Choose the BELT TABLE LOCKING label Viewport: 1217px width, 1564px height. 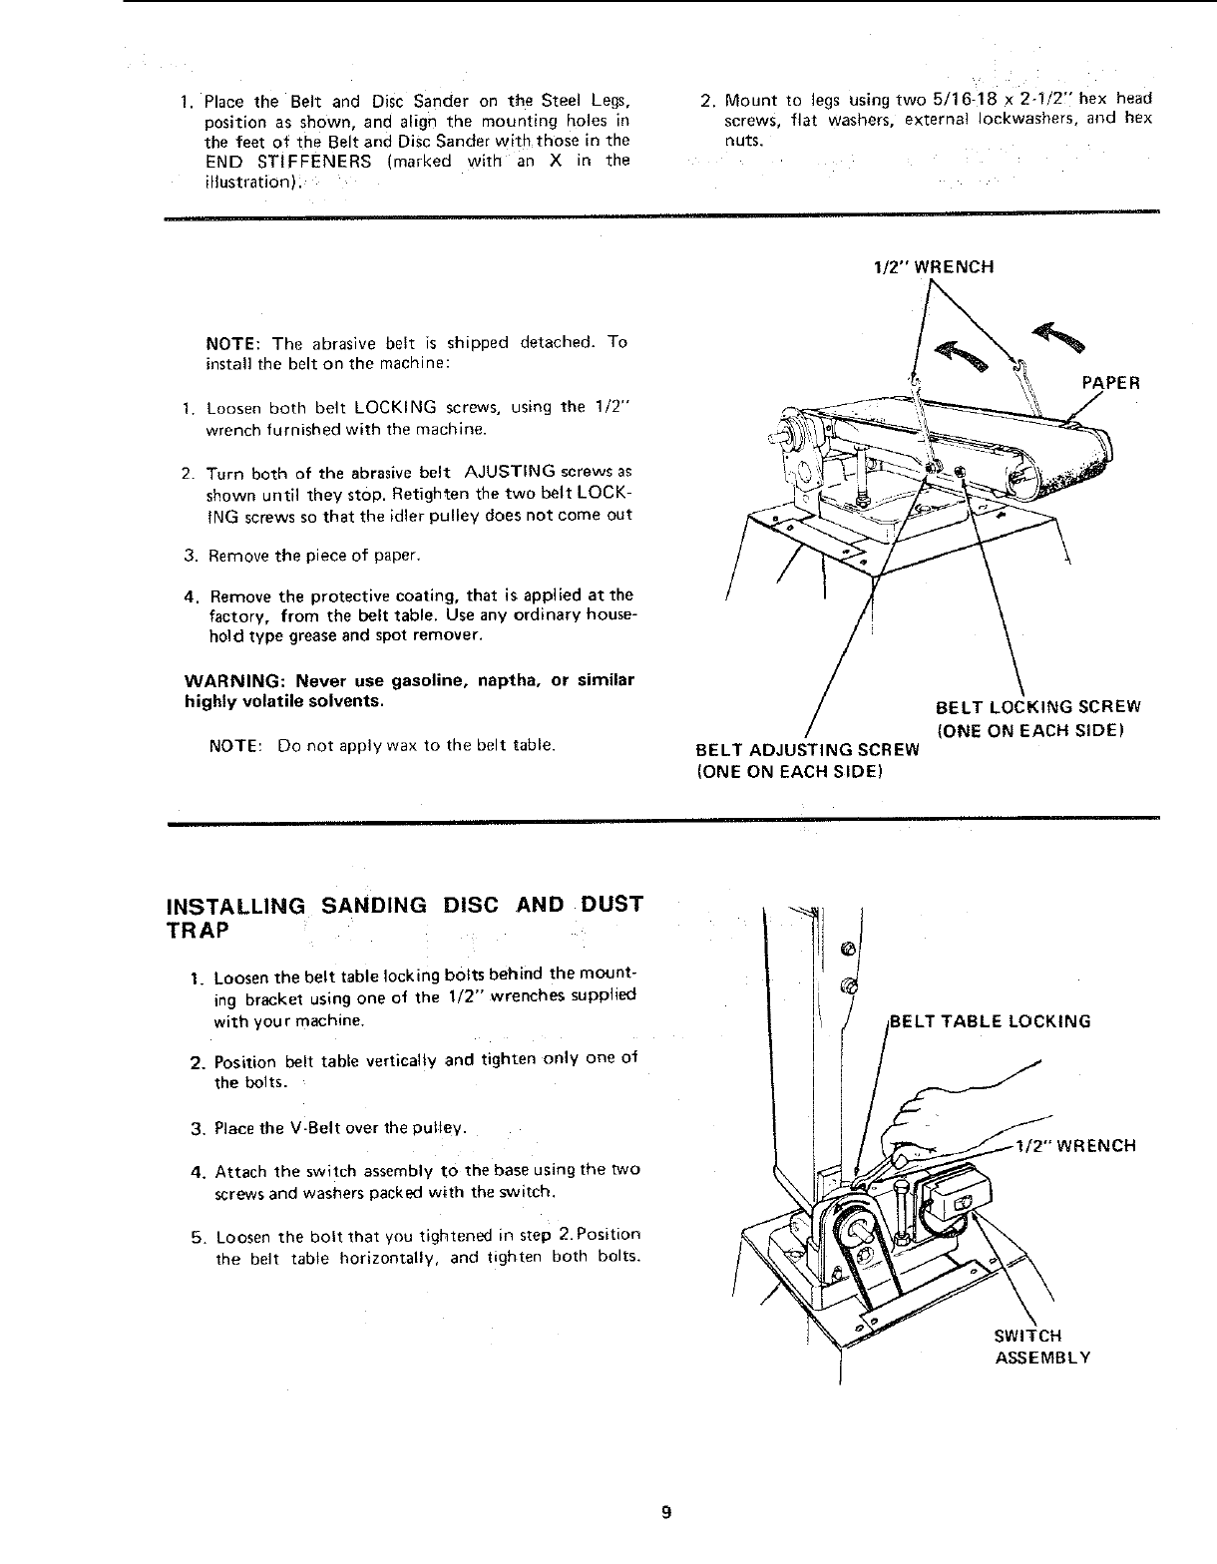point(990,1021)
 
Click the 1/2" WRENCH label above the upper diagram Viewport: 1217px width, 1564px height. point(933,266)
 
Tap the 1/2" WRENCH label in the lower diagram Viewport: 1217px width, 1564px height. point(1074,1145)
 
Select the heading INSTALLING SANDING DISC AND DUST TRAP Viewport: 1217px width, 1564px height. point(404,916)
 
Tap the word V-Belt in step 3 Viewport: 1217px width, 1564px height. point(285,1129)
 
